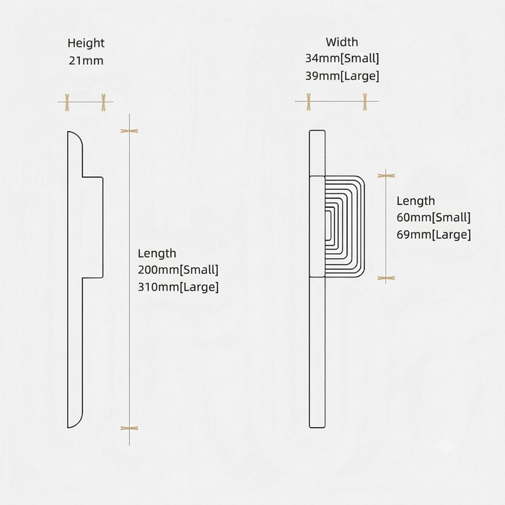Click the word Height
pos(86,43)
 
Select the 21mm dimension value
pos(86,61)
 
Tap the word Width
pos(342,42)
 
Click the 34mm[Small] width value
pos(342,58)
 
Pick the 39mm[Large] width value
pos(342,76)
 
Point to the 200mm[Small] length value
pos(178,270)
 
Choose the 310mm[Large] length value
pos(178,287)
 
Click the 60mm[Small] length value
pos(434,217)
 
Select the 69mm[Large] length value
pos(434,234)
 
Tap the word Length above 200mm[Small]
pos(157,253)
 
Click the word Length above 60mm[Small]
pos(416,201)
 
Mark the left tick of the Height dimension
pos(67,102)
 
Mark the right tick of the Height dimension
pos(103,102)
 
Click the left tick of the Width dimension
pos(309,102)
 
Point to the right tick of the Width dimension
pos(365,102)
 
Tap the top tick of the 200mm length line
pos(129,131)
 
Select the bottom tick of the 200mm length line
pos(129,429)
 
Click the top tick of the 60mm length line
pos(386,175)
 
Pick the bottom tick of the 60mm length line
pos(386,278)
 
